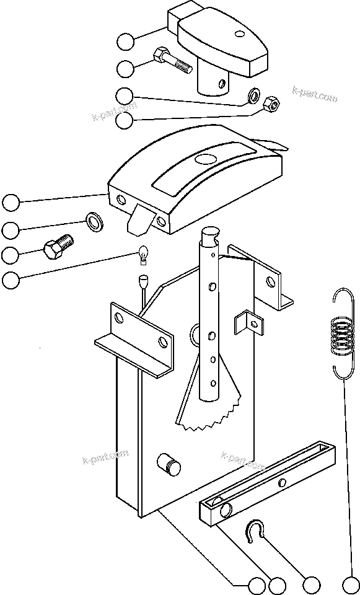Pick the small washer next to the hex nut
[x=253, y=96]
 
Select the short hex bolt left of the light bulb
[x=58, y=247]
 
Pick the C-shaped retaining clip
[x=255, y=531]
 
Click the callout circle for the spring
[x=350, y=585]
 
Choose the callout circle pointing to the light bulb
[x=11, y=280]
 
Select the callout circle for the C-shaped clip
[x=312, y=585]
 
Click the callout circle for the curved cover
[x=11, y=202]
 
